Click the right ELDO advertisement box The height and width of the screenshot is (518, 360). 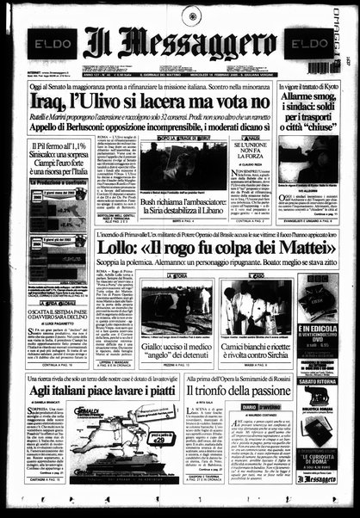tap(306, 42)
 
